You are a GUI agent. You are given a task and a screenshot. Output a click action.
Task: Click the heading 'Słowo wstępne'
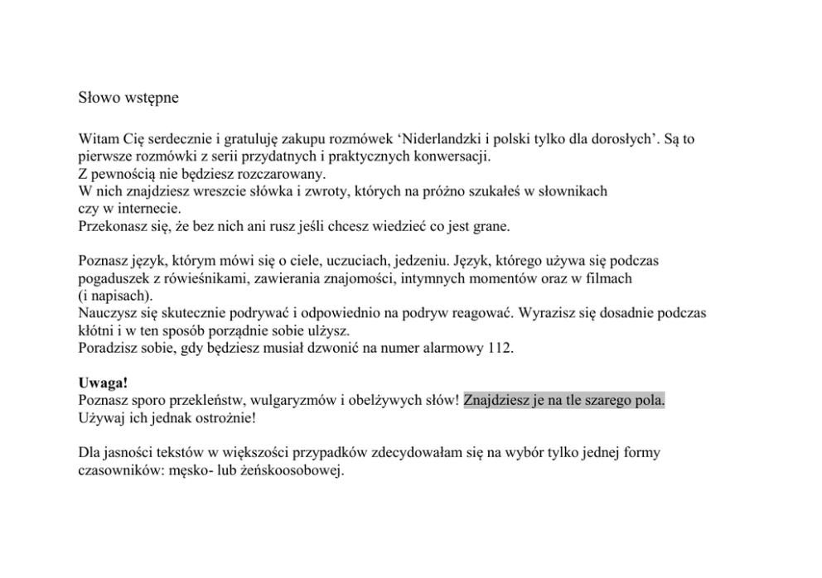(128, 98)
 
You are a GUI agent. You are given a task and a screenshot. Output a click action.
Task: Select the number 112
(500, 348)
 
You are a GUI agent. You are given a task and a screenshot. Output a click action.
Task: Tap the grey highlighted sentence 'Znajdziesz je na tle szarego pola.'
(564, 401)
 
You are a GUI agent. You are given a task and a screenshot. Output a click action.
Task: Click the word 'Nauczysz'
(107, 313)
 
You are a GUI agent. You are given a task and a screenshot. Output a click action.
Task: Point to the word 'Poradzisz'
(108, 348)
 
